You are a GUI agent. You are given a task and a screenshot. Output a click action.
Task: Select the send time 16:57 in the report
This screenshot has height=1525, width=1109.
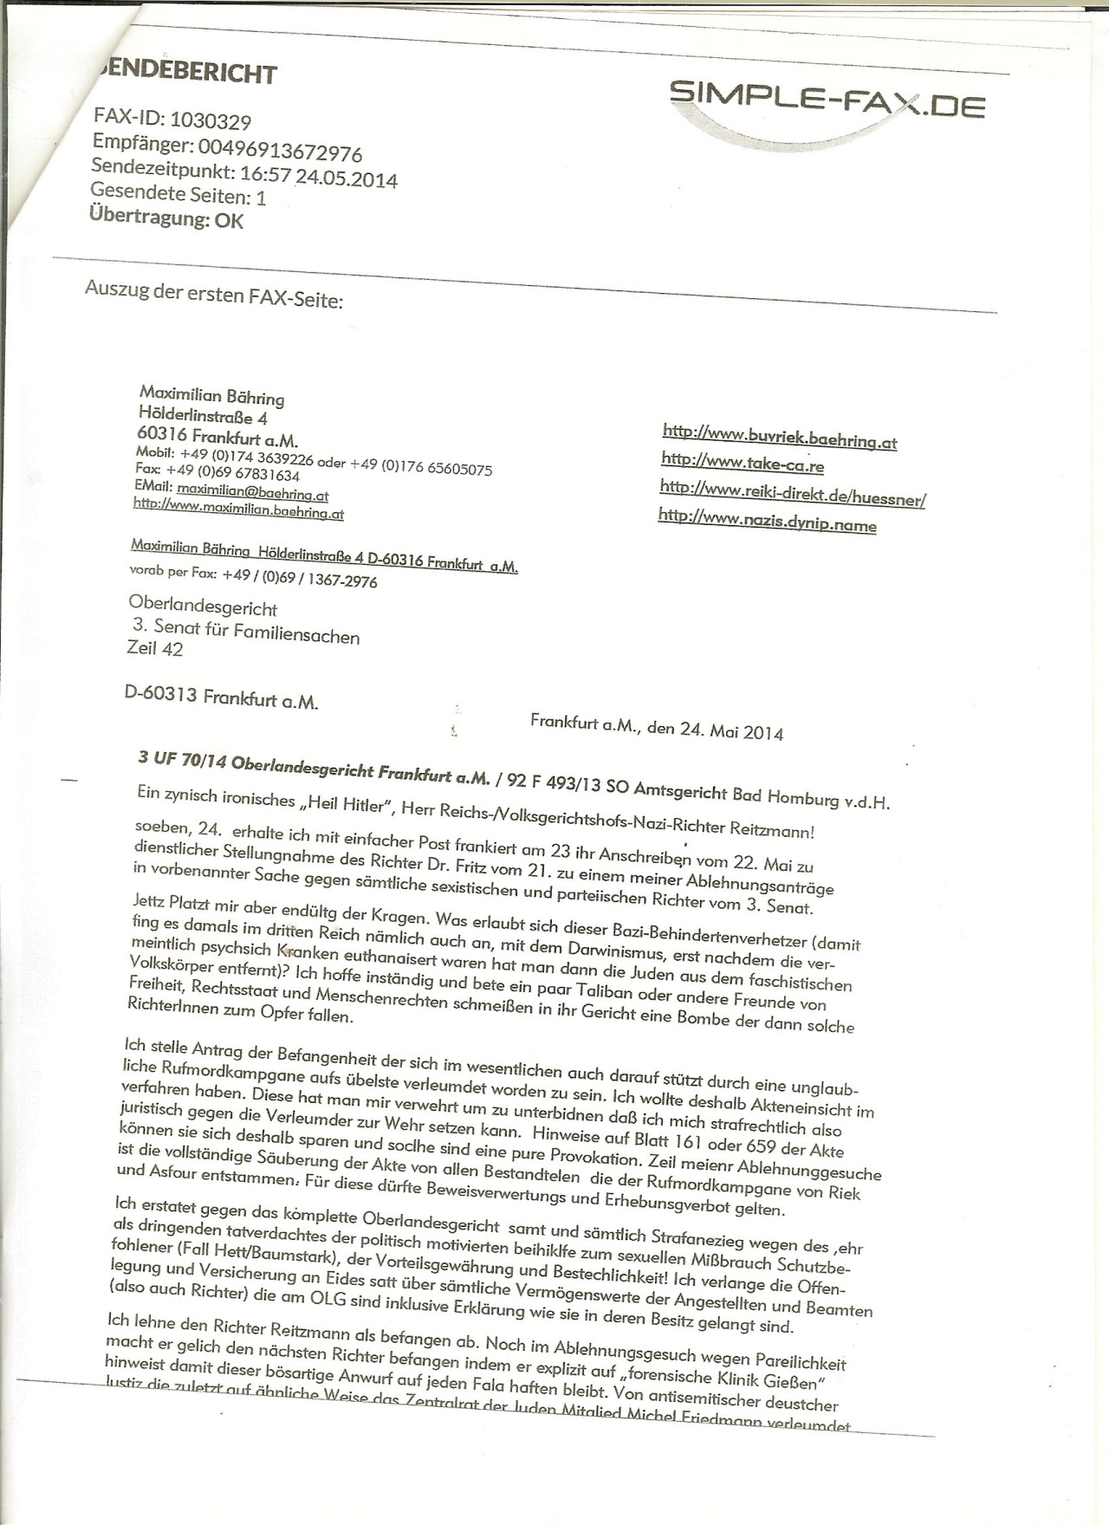pos(265,177)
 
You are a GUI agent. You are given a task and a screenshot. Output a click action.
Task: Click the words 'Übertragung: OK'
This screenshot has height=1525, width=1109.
pos(166,217)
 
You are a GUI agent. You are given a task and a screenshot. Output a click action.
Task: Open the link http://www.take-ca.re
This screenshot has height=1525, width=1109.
pos(742,463)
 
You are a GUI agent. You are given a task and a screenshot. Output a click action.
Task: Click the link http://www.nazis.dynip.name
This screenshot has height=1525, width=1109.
pos(767,522)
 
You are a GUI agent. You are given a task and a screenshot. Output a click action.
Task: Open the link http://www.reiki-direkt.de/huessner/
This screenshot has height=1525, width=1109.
pos(793,494)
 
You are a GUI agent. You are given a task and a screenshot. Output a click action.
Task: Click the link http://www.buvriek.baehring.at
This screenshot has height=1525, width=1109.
pos(779,437)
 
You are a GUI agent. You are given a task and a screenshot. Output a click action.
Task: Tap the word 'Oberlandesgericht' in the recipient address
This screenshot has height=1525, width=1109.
pos(203,608)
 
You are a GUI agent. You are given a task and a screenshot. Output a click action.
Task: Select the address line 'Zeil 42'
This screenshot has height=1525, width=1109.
pos(155,648)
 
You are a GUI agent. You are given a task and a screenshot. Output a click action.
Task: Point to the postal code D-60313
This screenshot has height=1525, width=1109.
pos(161,694)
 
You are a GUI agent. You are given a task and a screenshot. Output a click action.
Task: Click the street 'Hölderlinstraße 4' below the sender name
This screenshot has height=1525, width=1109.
pos(203,417)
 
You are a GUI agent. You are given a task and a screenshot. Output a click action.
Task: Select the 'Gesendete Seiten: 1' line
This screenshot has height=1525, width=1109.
pos(178,196)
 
